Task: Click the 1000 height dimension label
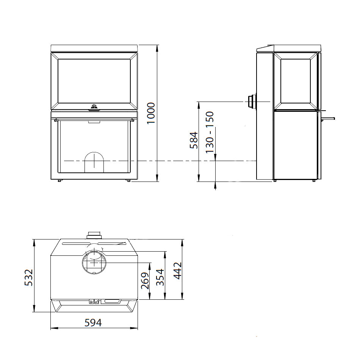[151, 113]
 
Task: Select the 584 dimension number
[194, 140]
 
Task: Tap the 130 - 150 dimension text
[210, 132]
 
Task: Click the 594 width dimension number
[93, 323]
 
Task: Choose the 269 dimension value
[145, 281]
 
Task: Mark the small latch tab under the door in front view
[94, 122]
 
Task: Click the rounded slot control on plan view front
[111, 302]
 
